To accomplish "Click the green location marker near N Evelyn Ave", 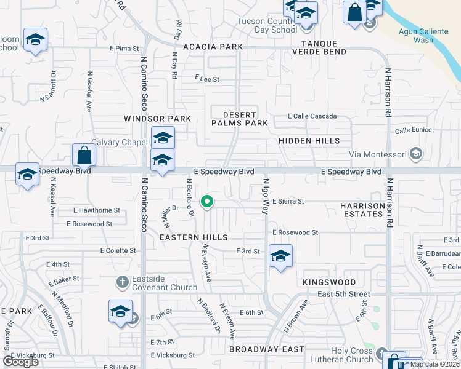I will pos(208,200).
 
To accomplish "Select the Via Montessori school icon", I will pos(416,154).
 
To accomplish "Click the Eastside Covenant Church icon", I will pos(122,282).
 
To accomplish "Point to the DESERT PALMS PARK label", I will pos(240,119).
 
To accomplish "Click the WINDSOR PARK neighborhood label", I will pos(157,118).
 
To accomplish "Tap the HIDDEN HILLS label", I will pos(309,141).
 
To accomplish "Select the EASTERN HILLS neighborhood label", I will pos(194,237).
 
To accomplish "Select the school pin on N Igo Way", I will pos(280,255).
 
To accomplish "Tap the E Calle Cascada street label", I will pos(312,116).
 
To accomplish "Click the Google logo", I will pos(21,362).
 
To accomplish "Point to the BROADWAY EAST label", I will pos(266,349).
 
